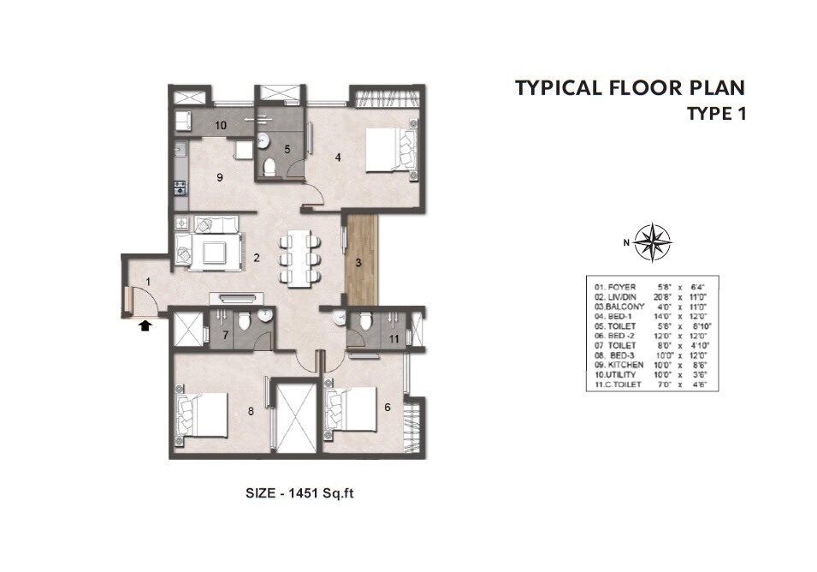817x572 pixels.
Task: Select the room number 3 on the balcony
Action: (x=359, y=263)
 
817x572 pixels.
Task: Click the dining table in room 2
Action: (x=299, y=256)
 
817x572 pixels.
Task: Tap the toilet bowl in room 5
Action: (x=269, y=167)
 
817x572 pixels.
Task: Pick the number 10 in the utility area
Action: (x=221, y=126)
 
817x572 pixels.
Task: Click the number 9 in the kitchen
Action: (x=220, y=177)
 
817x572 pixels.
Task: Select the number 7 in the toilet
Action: (x=225, y=335)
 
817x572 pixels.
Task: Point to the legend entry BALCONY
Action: (x=617, y=306)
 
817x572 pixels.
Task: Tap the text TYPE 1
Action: (x=716, y=113)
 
